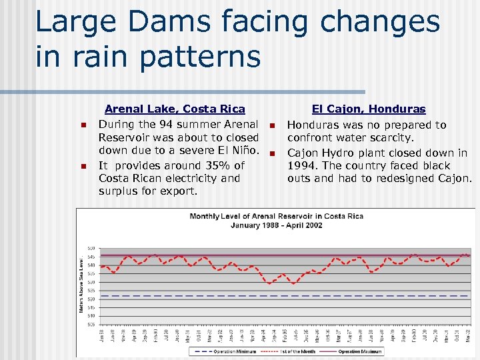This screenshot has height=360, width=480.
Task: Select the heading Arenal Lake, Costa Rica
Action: pyautogui.click(x=175, y=109)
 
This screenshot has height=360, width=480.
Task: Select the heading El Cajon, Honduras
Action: pyautogui.click(x=369, y=109)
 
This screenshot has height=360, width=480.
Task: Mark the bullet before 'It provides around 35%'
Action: pyautogui.click(x=83, y=166)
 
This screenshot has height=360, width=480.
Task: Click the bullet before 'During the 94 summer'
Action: pyautogui.click(x=83, y=125)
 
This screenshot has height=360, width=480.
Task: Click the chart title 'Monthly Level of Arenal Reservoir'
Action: pyautogui.click(x=275, y=216)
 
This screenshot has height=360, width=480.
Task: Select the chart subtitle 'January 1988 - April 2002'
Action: pyautogui.click(x=275, y=225)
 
